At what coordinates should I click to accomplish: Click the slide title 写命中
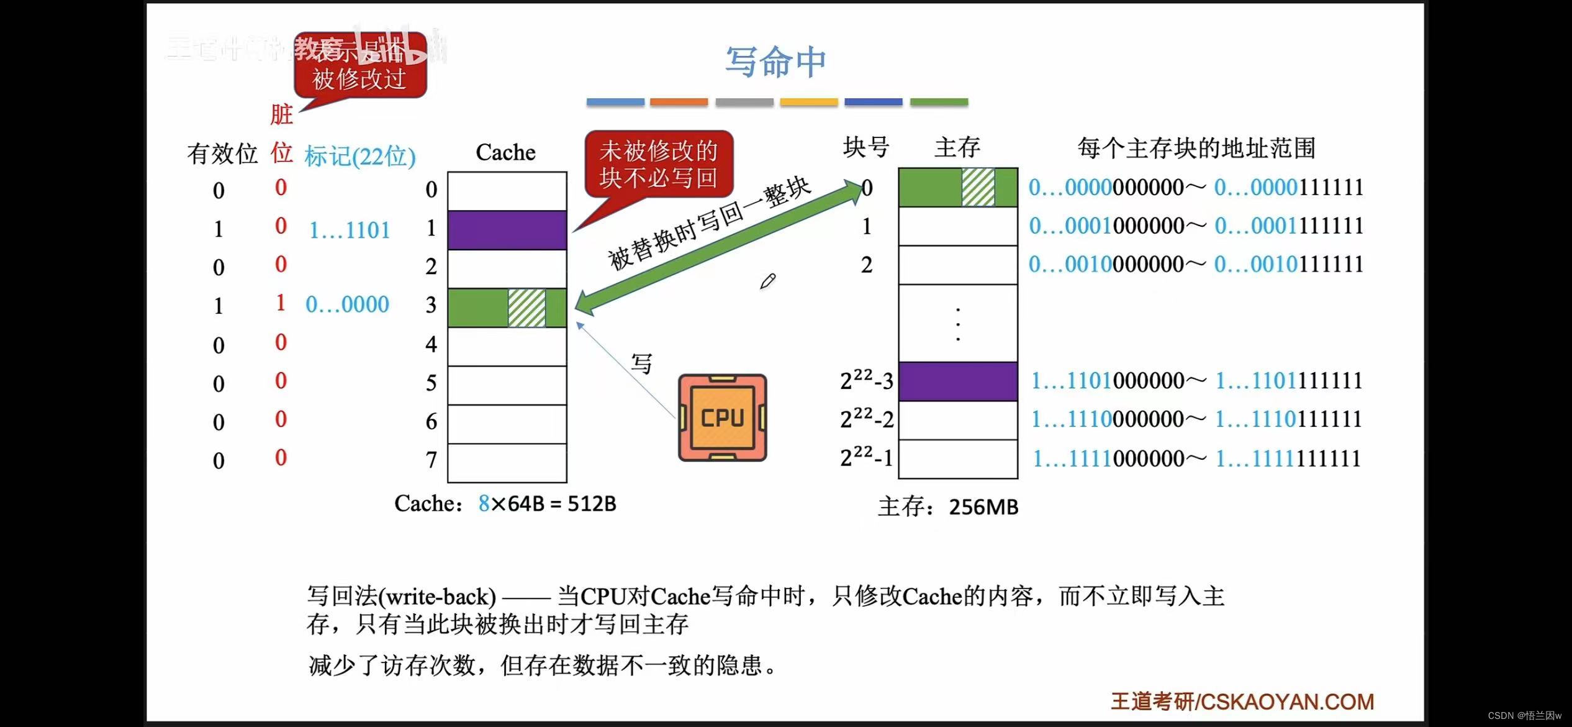point(775,62)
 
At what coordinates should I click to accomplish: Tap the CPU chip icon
point(722,418)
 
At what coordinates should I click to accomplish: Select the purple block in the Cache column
point(507,230)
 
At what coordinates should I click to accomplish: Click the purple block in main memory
point(957,381)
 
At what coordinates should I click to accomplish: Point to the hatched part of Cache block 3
point(526,308)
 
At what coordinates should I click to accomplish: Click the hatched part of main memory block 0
point(978,187)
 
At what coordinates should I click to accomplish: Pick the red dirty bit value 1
point(281,303)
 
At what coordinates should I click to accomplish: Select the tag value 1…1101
point(350,231)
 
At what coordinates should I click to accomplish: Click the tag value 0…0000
point(347,304)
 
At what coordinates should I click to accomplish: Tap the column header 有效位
point(222,153)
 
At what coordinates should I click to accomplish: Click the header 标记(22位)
point(359,156)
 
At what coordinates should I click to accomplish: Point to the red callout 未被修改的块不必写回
point(658,164)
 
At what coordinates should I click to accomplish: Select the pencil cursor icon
point(767,281)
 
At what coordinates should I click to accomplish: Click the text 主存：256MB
point(948,507)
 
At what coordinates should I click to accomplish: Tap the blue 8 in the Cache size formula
point(484,503)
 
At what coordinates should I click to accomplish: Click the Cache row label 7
point(431,460)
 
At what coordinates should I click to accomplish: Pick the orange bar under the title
point(679,102)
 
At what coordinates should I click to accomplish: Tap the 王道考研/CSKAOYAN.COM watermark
point(1242,702)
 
